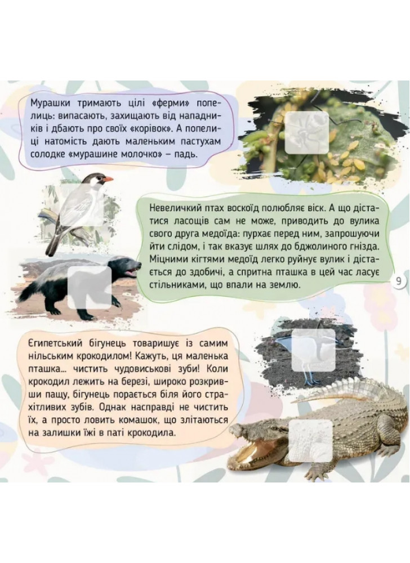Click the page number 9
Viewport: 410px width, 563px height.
[x=399, y=281]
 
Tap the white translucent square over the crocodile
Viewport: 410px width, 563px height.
[x=310, y=441]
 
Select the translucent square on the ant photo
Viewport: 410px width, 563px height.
[x=306, y=132]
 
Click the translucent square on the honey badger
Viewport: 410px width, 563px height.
[x=90, y=288]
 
